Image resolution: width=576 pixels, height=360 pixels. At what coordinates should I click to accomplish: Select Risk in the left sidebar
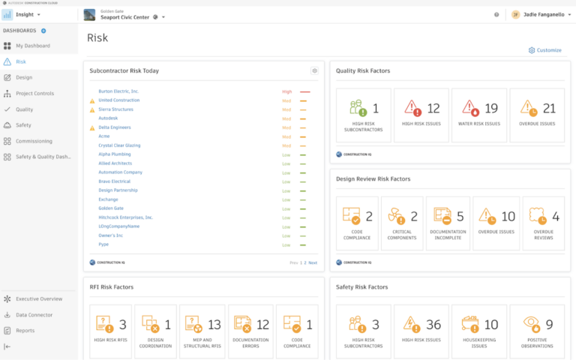click(21, 61)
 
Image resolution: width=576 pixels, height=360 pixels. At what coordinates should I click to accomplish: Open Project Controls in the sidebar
click(34, 94)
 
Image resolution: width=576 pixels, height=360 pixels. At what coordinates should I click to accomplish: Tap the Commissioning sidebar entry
click(34, 141)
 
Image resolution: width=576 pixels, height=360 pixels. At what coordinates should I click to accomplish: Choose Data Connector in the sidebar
click(34, 315)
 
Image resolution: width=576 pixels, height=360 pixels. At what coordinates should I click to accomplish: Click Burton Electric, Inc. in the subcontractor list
click(118, 91)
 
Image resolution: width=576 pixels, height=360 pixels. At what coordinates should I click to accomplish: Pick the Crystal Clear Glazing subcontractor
click(118, 145)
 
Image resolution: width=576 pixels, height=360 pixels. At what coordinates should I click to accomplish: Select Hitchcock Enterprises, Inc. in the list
click(125, 217)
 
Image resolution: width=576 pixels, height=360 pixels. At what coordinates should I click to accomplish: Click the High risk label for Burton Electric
click(286, 91)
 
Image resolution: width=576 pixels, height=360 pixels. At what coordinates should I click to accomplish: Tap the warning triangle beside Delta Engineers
click(92, 127)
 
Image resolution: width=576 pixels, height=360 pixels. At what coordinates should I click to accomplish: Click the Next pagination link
click(313, 262)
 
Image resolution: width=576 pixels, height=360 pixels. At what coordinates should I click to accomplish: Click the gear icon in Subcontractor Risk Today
click(315, 70)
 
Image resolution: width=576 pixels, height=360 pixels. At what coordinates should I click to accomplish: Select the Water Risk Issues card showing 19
click(479, 115)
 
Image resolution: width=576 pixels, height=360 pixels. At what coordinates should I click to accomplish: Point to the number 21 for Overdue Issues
click(548, 109)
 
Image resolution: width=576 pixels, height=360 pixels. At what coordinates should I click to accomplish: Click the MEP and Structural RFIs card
click(201, 330)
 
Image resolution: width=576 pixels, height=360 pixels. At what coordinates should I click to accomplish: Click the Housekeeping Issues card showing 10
click(479, 330)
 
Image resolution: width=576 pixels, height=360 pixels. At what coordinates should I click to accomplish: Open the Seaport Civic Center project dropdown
click(163, 16)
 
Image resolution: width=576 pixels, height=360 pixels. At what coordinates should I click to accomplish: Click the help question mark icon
click(496, 14)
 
